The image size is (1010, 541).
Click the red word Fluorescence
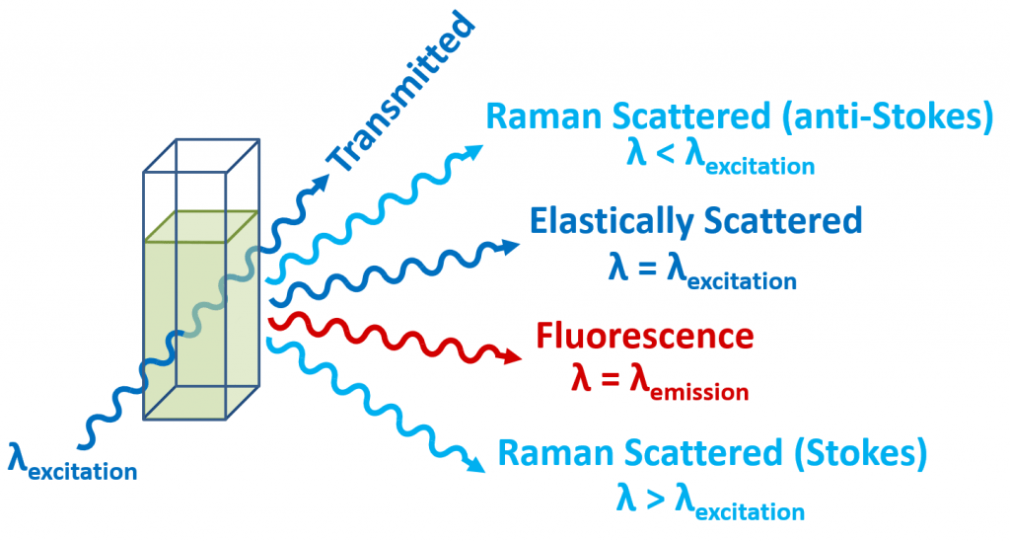644,336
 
